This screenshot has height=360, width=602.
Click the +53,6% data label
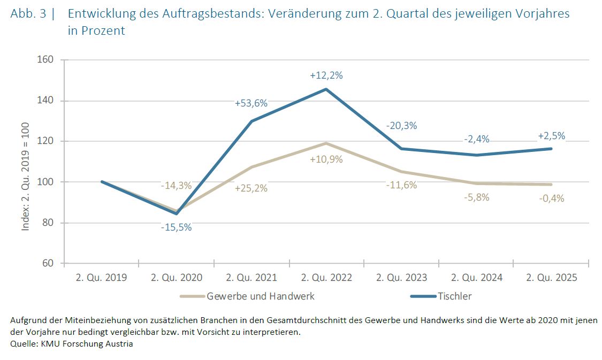[x=251, y=103]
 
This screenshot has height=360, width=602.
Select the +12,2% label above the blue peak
[x=326, y=75]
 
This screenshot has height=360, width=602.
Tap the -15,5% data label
[x=176, y=227]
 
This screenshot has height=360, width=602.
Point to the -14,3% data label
[x=176, y=186]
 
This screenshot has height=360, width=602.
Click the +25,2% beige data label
[x=251, y=188]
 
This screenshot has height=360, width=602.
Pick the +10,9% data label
[x=326, y=159]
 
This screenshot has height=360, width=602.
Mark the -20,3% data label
[x=401, y=126]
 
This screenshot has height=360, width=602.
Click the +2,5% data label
[x=551, y=136]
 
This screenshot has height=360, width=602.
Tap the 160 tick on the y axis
[x=46, y=59]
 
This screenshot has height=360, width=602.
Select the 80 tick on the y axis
[x=48, y=223]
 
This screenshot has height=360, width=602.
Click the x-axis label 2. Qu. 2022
[x=326, y=278]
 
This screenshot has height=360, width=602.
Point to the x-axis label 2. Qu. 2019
[x=101, y=278]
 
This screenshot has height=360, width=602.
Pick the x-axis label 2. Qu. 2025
[x=551, y=278]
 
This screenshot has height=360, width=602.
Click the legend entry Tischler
[x=454, y=296]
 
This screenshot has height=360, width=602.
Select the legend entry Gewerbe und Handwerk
[x=260, y=296]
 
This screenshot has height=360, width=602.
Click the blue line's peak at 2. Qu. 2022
[x=326, y=89]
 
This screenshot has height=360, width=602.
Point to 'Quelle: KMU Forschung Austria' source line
[x=72, y=344]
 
